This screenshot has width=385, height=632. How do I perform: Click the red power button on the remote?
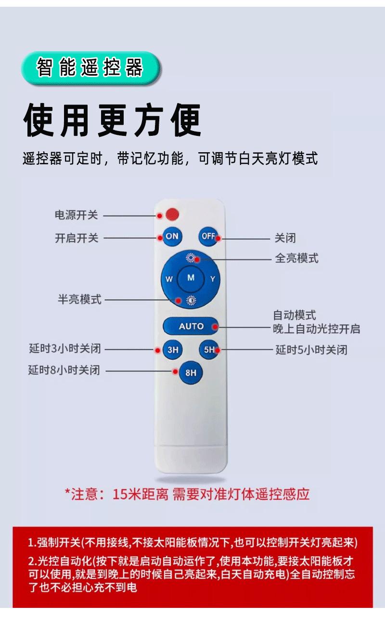pyautogui.click(x=172, y=214)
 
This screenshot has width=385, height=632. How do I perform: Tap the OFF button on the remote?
pyautogui.click(x=208, y=236)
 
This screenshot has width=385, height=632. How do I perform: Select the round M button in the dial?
pyautogui.click(x=191, y=278)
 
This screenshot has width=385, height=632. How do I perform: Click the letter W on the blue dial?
pyautogui.click(x=169, y=279)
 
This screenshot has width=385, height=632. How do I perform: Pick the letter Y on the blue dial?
pyautogui.click(x=212, y=279)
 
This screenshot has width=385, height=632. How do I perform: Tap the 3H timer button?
pyautogui.click(x=172, y=350)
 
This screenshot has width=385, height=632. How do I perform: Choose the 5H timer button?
pyautogui.click(x=209, y=350)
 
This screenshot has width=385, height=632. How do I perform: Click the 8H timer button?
pyautogui.click(x=191, y=372)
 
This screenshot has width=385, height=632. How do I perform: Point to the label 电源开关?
pyautogui.click(x=76, y=215)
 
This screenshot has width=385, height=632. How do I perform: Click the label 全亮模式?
pyautogui.click(x=296, y=258)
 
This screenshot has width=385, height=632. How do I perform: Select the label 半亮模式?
pyautogui.click(x=80, y=299)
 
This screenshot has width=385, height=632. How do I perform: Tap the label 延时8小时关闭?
pyautogui.click(x=64, y=370)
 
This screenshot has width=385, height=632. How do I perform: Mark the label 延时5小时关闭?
pyautogui.click(x=311, y=350)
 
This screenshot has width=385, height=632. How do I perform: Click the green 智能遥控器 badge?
pyautogui.click(x=90, y=68)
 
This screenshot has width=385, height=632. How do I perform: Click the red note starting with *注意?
pyautogui.click(x=187, y=494)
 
